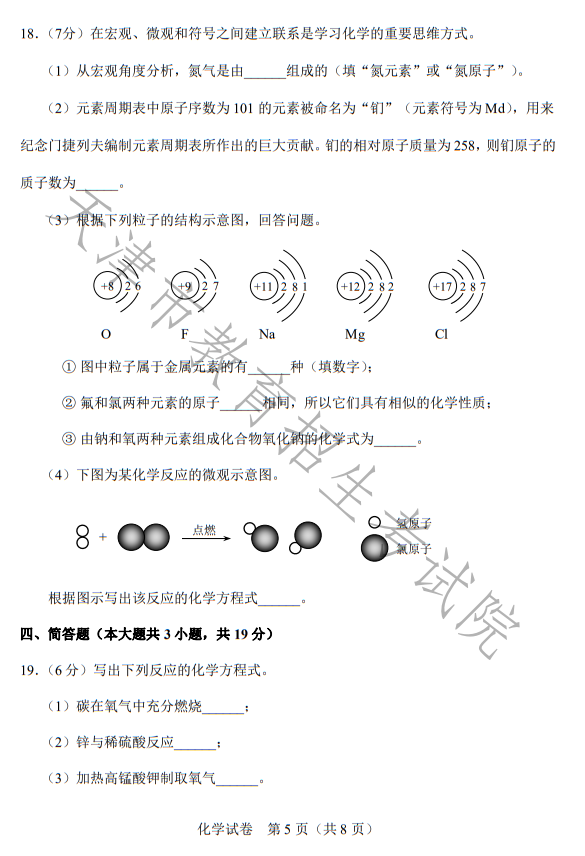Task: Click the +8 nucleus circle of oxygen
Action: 107,287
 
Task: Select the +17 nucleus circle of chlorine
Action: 442,287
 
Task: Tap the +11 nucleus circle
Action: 263,287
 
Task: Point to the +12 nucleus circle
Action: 350,287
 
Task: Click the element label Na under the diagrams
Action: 267,334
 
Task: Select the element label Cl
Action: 442,334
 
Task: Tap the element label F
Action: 184,334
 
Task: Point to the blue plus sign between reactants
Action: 103,538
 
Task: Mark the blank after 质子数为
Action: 97,184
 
